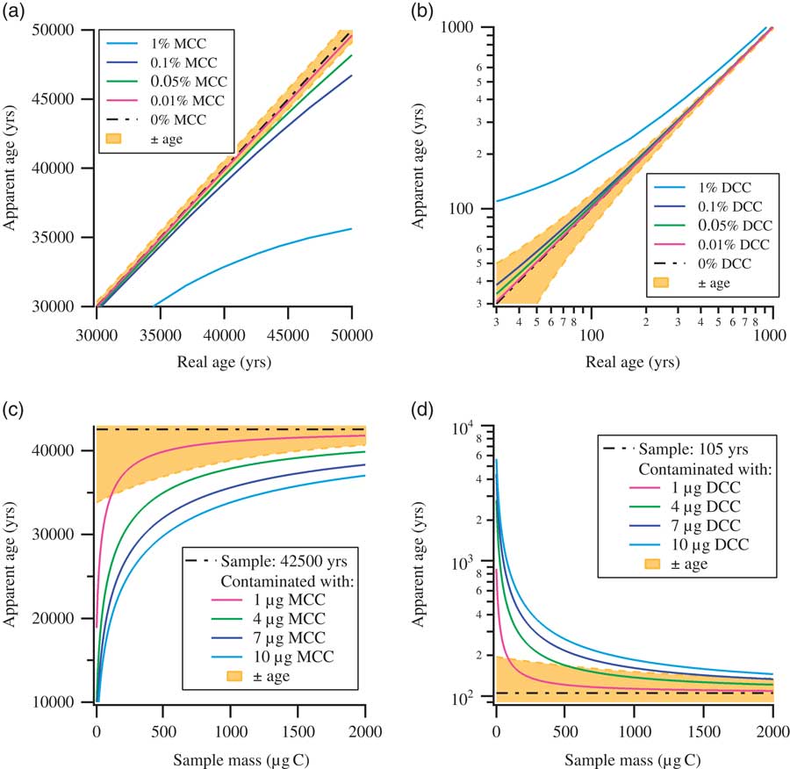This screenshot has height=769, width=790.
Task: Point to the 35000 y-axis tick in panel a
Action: tap(62, 237)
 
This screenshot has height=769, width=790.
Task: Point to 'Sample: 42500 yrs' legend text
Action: tap(280, 560)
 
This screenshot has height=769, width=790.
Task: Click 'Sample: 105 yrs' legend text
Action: tap(691, 449)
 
